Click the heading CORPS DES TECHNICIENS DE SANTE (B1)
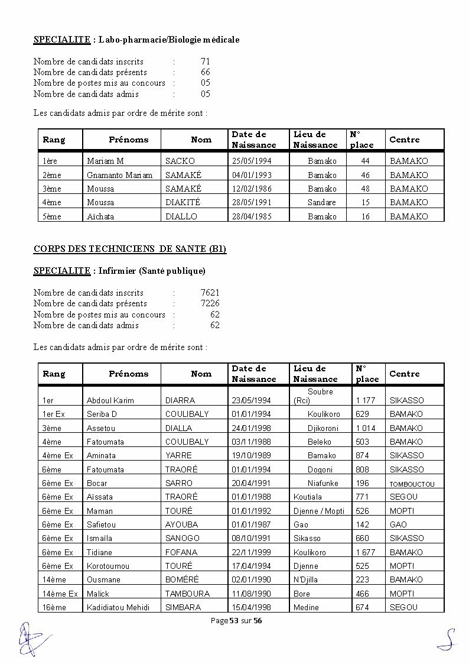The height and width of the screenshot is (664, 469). tap(129, 250)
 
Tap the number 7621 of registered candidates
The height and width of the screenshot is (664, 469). tap(210, 293)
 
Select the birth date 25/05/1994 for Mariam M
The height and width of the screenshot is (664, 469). tap(252, 161)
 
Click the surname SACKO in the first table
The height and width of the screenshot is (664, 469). tap(180, 161)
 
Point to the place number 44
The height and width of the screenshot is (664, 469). tap(365, 161)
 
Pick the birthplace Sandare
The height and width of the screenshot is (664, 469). tap(321, 203)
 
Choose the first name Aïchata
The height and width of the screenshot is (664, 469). tap(100, 216)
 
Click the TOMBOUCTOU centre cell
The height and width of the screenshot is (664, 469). tap(412, 484)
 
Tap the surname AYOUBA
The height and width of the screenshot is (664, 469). tap(181, 524)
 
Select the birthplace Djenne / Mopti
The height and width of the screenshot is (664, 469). tap(318, 511)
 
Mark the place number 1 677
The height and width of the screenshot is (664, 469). tap(364, 552)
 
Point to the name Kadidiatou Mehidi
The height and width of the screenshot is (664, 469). tap(118, 607)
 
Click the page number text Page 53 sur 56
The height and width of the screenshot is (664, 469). tap(236, 620)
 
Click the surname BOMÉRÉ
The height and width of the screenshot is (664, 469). tap(182, 579)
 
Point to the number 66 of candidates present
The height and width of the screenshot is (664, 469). tap(205, 72)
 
